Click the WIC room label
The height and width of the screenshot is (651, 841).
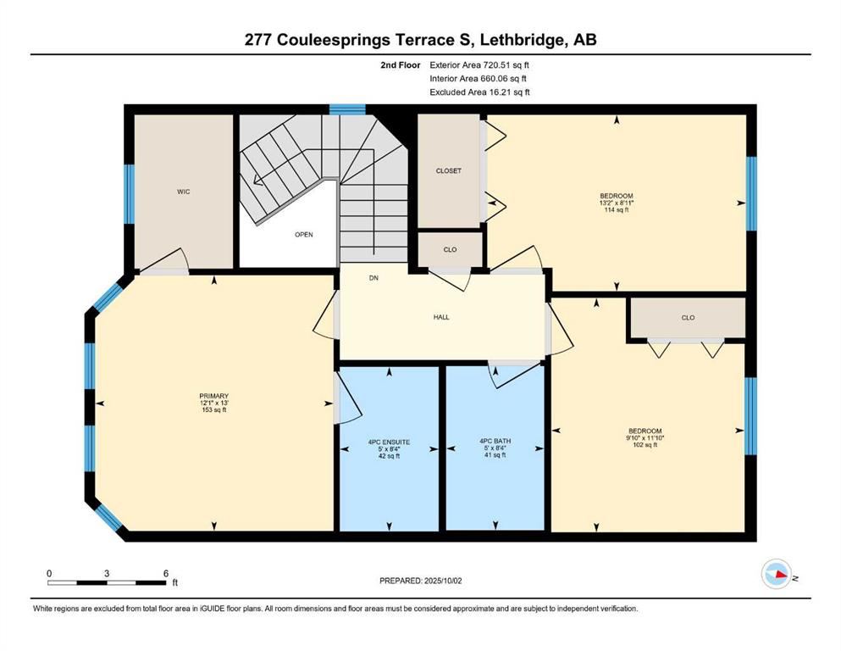[x=184, y=192]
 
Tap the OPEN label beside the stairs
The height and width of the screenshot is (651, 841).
[x=303, y=235]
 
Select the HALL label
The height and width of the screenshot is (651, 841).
[x=441, y=317]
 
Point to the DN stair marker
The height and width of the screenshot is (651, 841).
[x=373, y=278]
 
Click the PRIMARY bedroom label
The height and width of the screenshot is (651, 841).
[x=214, y=396]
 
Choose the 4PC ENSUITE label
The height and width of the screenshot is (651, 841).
[x=389, y=442]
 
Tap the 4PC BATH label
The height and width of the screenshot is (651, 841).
[x=495, y=441]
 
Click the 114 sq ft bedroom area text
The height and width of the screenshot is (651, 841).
[x=617, y=210]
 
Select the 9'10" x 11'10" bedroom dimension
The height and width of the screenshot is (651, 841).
[x=645, y=437]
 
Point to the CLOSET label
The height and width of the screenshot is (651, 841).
[x=448, y=170]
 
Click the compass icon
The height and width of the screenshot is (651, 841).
[x=777, y=574]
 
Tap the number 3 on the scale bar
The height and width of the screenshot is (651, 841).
[x=107, y=573]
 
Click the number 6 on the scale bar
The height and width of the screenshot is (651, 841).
[x=166, y=573]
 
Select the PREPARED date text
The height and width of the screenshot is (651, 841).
[x=420, y=581]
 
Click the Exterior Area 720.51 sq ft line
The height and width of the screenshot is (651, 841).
[x=479, y=65]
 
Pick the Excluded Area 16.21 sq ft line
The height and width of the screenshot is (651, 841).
[x=479, y=92]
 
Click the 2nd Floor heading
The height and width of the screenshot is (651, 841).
[x=400, y=65]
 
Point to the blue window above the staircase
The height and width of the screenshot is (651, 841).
[x=347, y=109]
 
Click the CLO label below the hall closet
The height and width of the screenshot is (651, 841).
[x=450, y=249]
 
